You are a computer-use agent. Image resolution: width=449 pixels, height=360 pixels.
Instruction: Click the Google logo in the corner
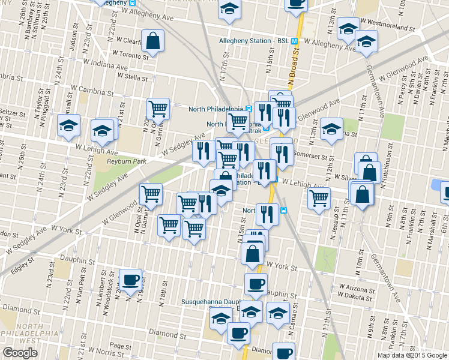tap(19, 353)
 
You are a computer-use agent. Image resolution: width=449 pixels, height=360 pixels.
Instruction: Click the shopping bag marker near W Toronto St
tap(153, 41)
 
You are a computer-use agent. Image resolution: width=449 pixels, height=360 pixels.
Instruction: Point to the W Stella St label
tap(133, 77)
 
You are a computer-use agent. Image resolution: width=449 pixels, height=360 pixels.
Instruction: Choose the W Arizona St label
tap(357, 288)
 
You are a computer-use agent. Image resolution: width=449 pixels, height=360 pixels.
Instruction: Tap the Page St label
tap(121, 346)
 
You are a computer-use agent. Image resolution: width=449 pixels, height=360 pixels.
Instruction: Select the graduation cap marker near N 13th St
tap(331, 129)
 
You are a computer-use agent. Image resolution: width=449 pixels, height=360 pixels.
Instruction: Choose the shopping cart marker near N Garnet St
tap(158, 109)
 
